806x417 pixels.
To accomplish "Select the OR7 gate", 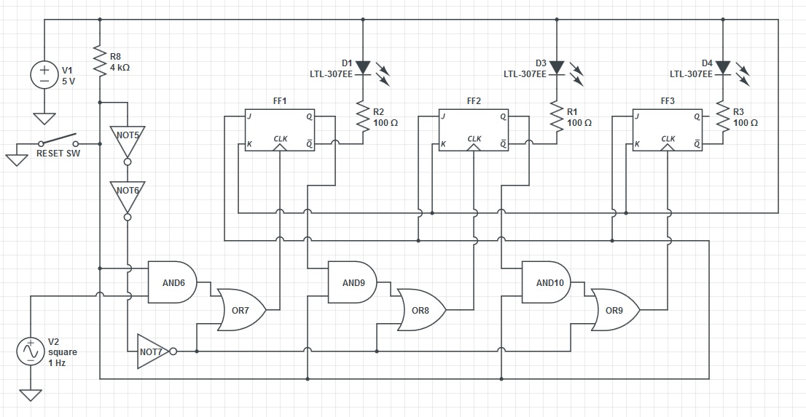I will [240, 310].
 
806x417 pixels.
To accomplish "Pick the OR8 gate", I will [420, 310].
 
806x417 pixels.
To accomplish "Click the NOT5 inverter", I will [128, 138].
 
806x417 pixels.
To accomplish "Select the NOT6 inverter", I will [128, 194].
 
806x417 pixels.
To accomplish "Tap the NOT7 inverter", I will [154, 352].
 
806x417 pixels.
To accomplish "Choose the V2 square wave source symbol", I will [31, 352].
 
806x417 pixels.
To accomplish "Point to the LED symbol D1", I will [363, 68].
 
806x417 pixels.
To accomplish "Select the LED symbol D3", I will [557, 68].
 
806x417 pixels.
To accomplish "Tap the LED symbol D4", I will [721, 68].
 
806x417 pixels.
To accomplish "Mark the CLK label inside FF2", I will [474, 138].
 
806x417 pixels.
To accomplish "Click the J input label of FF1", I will [249, 116].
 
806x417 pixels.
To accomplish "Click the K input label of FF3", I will [637, 144].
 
